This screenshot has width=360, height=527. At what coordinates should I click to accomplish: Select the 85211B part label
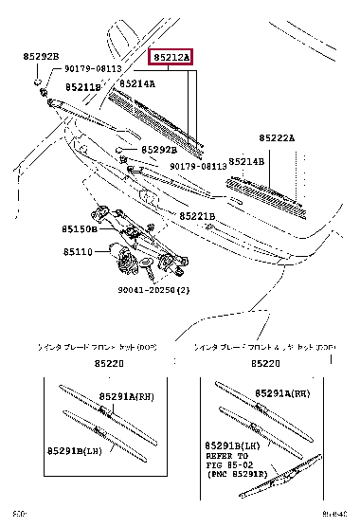[83, 87]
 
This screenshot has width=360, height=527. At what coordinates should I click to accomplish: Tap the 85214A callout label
[139, 83]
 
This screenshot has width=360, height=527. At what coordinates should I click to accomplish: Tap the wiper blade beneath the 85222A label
[266, 191]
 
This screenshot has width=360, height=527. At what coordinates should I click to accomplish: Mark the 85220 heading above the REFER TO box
[265, 363]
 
